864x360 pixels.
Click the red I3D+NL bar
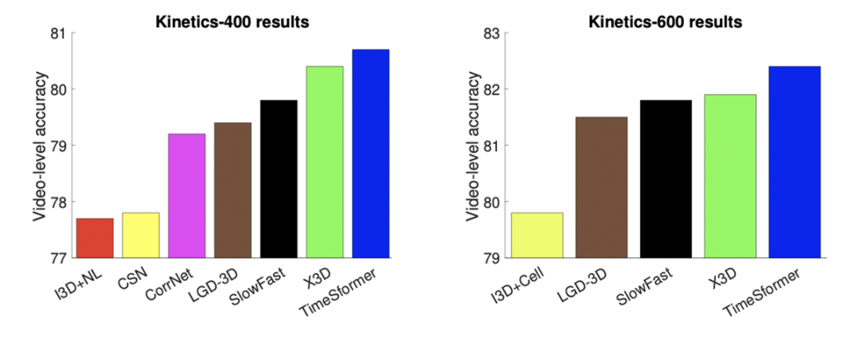click(94, 238)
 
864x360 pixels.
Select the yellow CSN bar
click(141, 235)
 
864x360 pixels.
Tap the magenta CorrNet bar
click(186, 196)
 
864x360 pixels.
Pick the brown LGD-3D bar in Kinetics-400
click(233, 190)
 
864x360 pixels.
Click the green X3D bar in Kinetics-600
click(730, 176)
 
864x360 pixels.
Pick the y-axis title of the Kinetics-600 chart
click(471, 146)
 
